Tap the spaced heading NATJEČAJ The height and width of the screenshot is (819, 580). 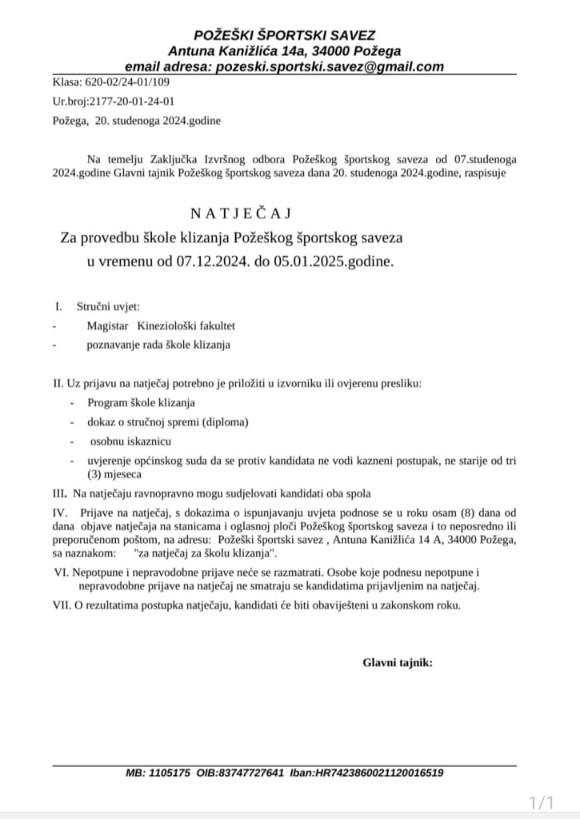click(239, 213)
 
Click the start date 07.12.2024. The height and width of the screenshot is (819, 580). click(214, 262)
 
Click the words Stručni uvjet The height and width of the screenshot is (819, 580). click(108, 306)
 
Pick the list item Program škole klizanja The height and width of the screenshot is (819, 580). click(142, 402)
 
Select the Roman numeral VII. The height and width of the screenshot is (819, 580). click(62, 605)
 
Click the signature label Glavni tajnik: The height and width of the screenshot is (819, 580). click(398, 662)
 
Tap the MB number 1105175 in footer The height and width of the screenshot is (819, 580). click(170, 773)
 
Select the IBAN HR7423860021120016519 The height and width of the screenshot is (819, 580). click(381, 773)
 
